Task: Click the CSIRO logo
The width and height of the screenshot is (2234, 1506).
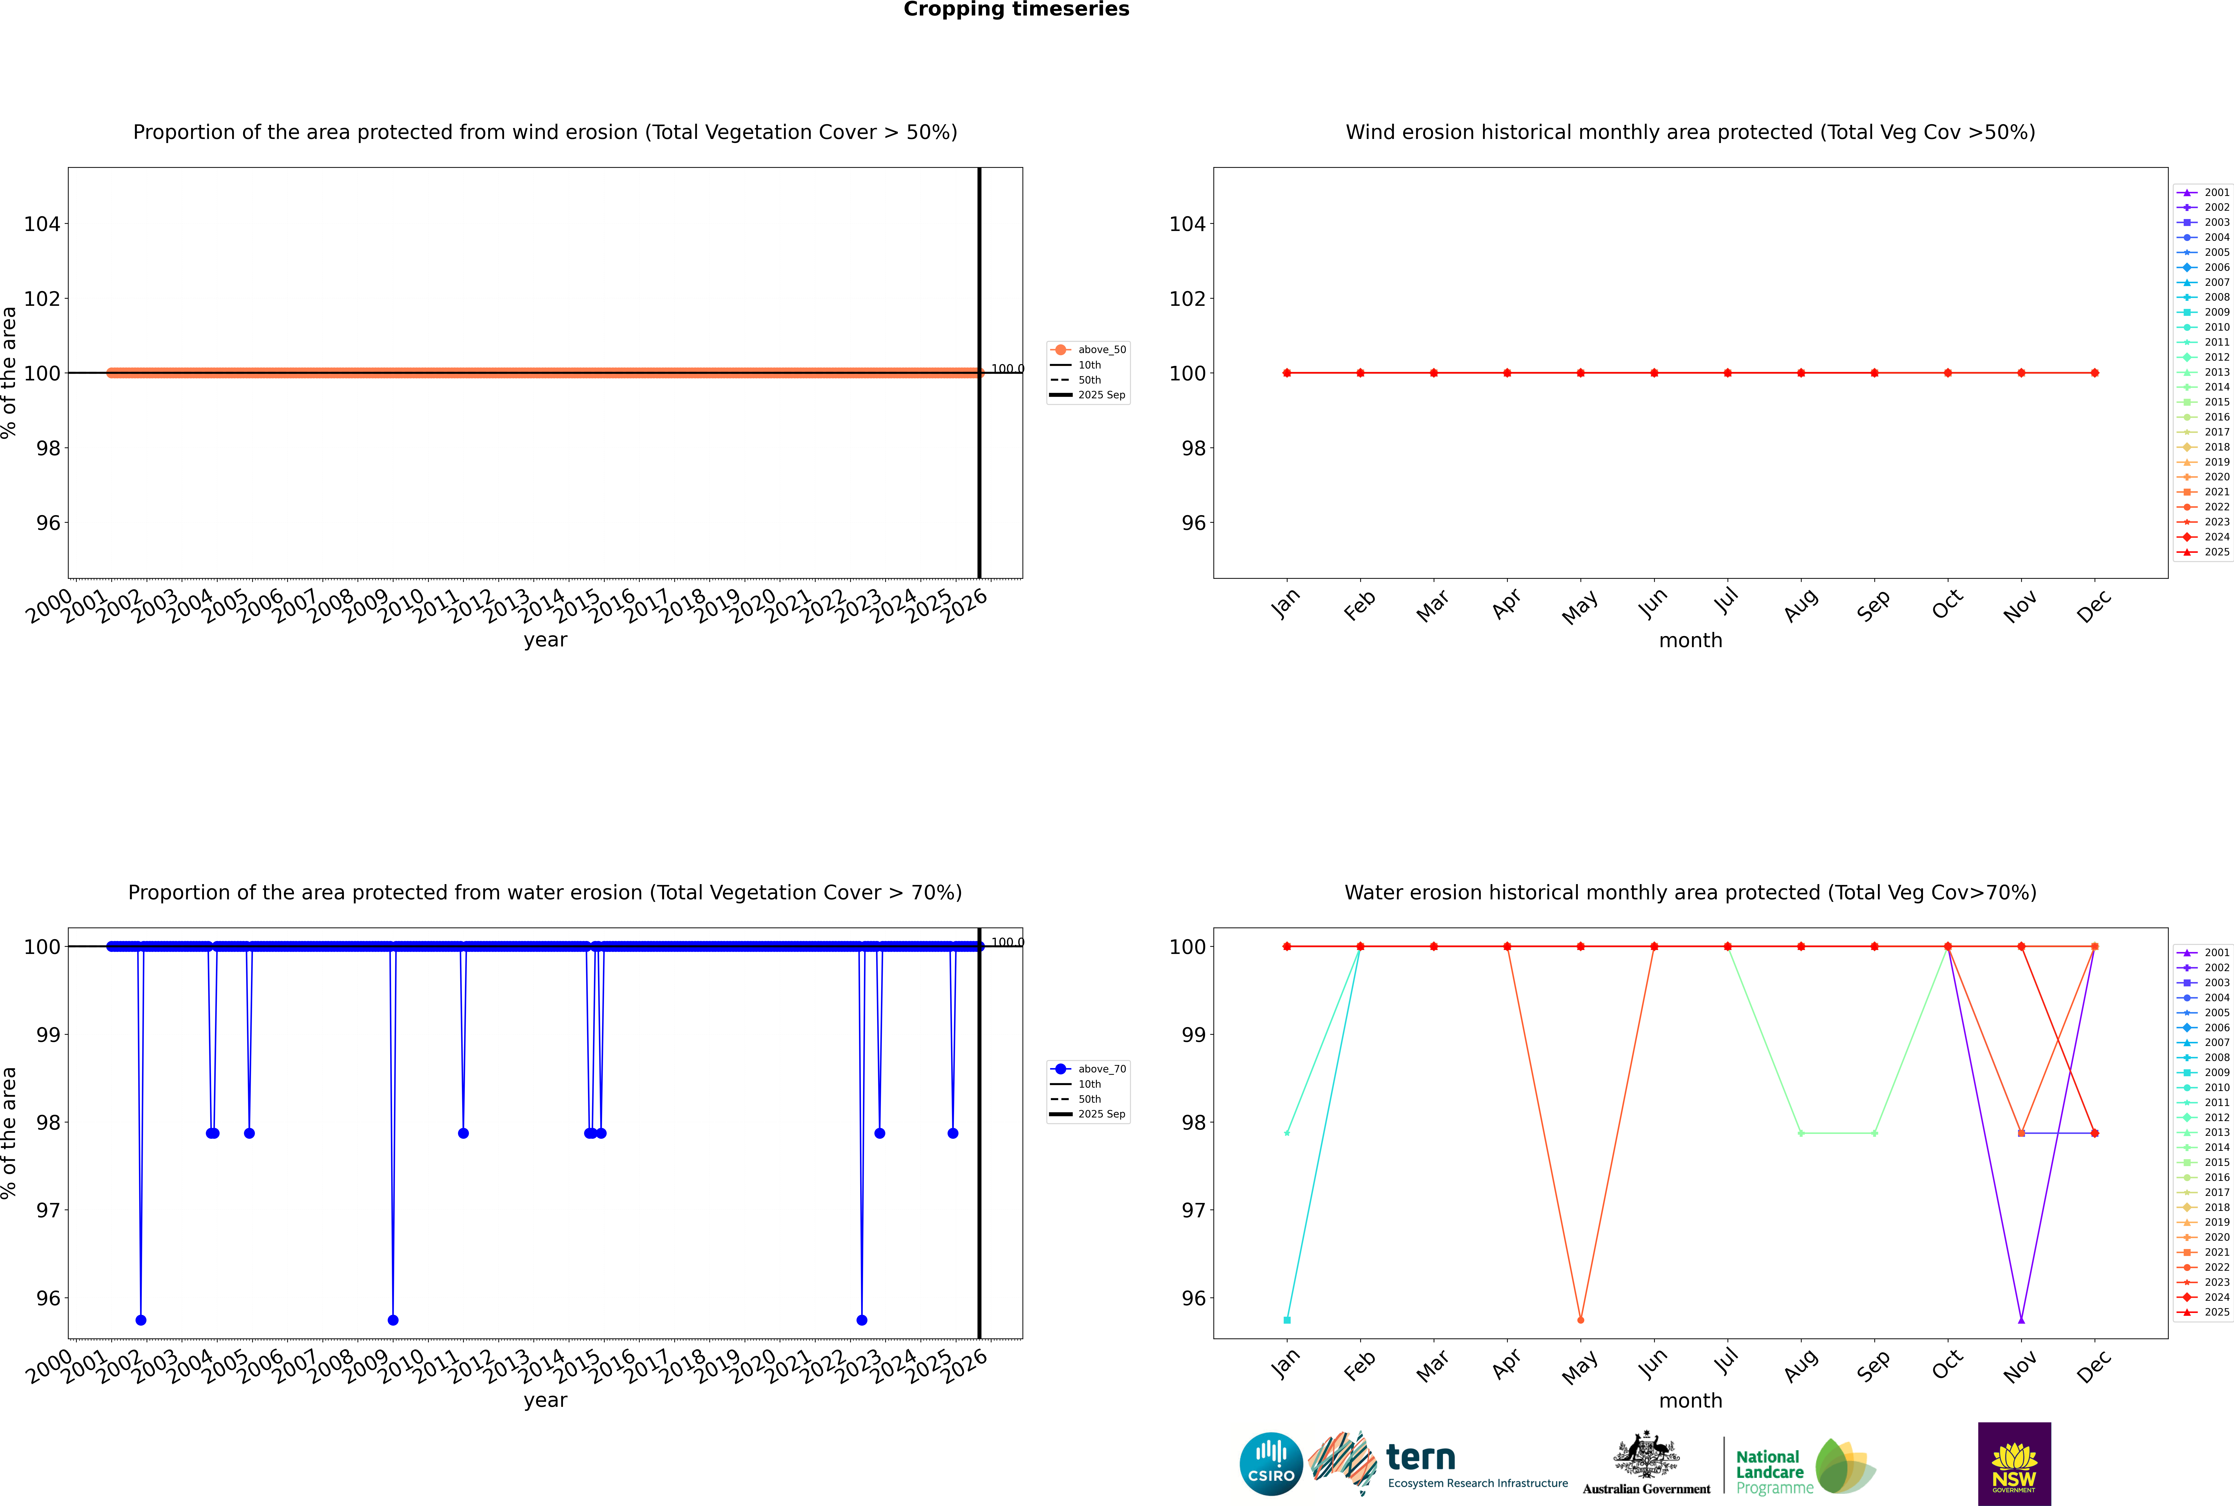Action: point(1271,1464)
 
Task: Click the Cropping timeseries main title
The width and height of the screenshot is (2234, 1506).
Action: point(1016,10)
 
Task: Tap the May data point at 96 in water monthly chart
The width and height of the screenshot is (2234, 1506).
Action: point(1581,1320)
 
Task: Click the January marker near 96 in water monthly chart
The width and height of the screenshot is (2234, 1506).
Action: point(1287,1320)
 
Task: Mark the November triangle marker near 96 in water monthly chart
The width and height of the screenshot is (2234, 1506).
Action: point(2022,1320)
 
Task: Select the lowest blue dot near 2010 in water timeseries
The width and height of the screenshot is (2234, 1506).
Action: point(393,1320)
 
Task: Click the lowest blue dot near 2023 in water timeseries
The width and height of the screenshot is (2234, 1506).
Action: point(862,1320)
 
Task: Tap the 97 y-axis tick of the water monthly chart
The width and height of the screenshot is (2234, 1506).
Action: point(1193,1210)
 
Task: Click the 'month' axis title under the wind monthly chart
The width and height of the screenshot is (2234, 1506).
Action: point(1690,641)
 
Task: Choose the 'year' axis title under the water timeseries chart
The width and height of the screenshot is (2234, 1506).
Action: point(546,1400)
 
